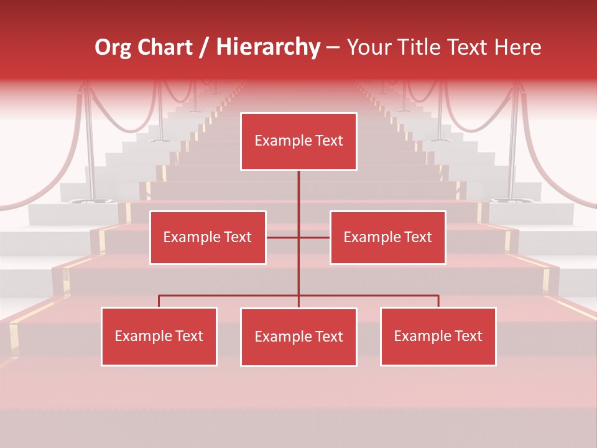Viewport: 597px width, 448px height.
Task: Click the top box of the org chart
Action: pos(298,141)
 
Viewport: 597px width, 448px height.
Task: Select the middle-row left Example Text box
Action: pos(208,237)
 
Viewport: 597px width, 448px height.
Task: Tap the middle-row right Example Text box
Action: pos(387,237)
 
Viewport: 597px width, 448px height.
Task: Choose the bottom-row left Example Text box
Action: pos(159,336)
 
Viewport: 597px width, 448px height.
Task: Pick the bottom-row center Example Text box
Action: pos(298,337)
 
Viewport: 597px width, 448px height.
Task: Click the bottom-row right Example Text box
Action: pos(438,336)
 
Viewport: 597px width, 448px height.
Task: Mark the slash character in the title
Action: pos(204,48)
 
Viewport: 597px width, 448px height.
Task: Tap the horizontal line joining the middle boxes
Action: pos(284,237)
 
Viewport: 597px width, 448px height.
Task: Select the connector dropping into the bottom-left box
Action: pos(159,301)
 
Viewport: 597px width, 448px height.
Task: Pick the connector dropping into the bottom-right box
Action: pos(438,301)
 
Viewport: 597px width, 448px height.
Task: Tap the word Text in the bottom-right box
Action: pos(468,336)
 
